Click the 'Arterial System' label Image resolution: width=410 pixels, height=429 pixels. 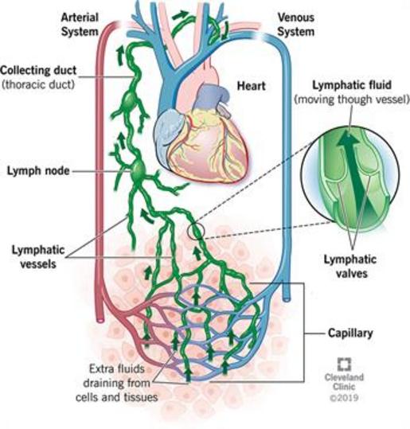pos(80,25)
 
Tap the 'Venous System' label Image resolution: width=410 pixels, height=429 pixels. pos(296,25)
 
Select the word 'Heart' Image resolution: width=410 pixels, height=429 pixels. pos(251,86)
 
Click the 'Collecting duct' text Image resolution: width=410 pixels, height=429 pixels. pos(38,70)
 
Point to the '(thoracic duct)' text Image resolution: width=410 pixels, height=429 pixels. pos(38,84)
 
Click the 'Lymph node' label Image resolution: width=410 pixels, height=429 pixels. pos(38,171)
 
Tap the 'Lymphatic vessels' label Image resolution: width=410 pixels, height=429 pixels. pos(38,257)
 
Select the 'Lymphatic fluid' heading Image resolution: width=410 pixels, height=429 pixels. pos(352,85)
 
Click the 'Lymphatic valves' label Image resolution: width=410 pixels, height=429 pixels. pos(350,266)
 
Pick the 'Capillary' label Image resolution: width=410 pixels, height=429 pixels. pos(350,333)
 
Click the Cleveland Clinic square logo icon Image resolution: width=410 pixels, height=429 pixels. pos(344,365)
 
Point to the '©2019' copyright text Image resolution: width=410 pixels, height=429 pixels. pos(344,397)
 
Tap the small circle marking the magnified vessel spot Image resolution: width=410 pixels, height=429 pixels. pos(196,232)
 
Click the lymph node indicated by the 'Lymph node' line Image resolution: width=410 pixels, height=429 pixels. pos(138,172)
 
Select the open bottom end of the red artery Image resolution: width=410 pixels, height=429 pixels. pos(100,319)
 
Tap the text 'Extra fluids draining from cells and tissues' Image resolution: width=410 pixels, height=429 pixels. pos(117,383)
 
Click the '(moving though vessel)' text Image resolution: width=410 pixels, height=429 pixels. pos(352,99)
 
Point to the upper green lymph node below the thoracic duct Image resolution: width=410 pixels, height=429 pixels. pos(129,100)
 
